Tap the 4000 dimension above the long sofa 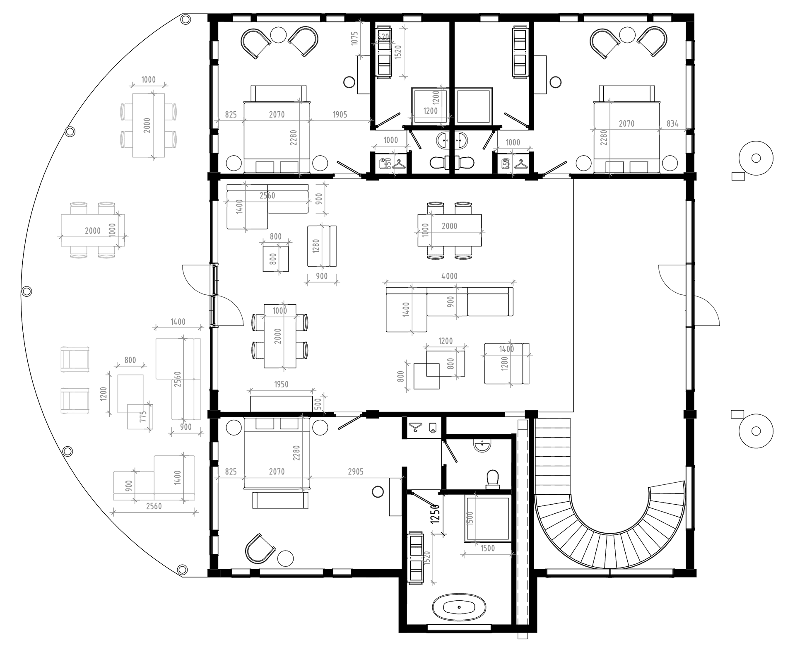coord(449,276)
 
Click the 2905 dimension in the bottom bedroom coord(355,472)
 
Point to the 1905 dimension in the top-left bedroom coord(340,115)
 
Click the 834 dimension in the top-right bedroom coord(672,123)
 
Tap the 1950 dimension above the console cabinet coord(281,385)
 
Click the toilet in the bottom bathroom coord(492,479)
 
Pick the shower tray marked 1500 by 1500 coord(488,519)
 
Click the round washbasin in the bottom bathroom coord(482,446)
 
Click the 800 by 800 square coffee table coord(276,259)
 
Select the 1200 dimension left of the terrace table coord(104,393)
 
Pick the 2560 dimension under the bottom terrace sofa coord(154,506)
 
